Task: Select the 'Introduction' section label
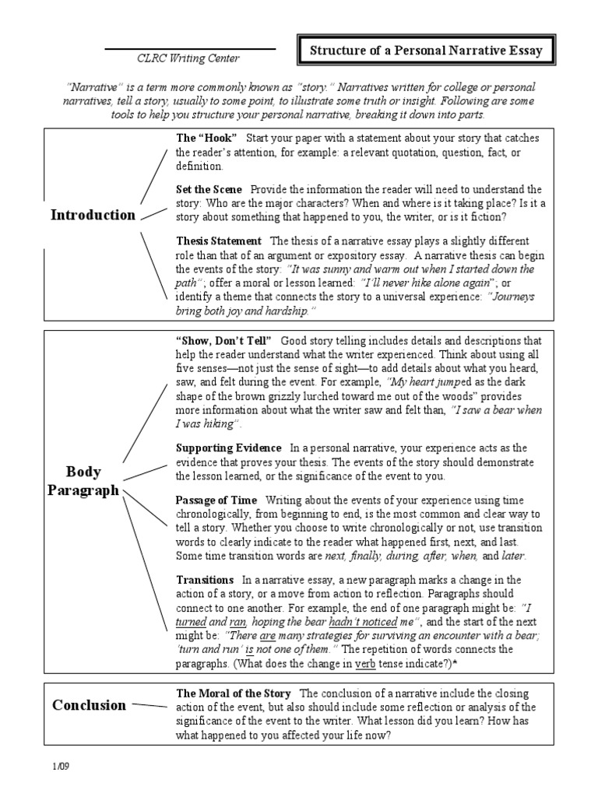coord(93,216)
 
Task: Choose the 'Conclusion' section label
coord(89,705)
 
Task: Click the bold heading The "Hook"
coord(206,138)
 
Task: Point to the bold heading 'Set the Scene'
coord(209,189)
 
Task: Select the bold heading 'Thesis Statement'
coord(219,241)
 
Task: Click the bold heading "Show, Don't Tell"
coord(223,341)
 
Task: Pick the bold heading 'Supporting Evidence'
coord(228,448)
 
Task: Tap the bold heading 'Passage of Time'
coord(216,500)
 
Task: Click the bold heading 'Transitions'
coord(205,580)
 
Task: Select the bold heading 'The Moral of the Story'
coord(234,693)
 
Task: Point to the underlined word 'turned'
coord(191,622)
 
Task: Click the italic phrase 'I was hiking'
coord(206,423)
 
